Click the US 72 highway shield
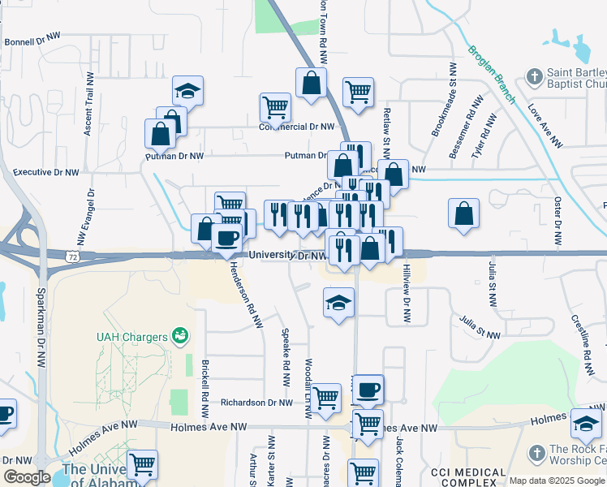72,256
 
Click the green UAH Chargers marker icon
181,335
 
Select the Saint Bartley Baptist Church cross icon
534,77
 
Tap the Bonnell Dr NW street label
34,41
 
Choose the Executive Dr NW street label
46,172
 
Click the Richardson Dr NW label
258,402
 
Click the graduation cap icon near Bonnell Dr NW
187,90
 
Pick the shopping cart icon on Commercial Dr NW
275,106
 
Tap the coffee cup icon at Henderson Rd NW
226,237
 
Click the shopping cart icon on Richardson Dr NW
326,398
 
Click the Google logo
27,477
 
